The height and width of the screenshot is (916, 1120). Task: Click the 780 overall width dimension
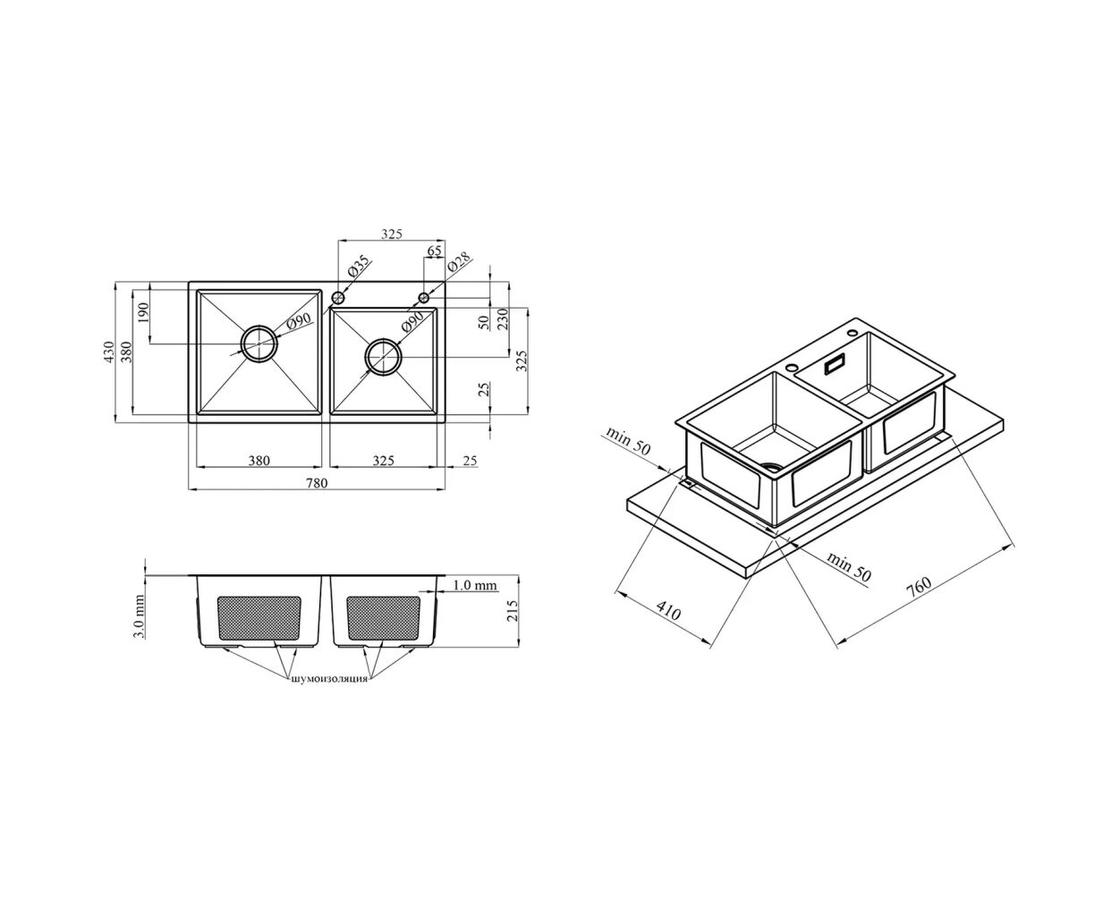[316, 483]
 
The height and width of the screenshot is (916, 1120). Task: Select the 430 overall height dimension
[109, 352]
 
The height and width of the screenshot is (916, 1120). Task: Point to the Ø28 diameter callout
[460, 262]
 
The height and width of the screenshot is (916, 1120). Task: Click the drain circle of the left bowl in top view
[259, 344]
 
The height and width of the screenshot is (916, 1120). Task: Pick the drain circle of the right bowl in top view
[383, 357]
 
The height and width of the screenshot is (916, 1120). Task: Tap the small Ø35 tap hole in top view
[338, 297]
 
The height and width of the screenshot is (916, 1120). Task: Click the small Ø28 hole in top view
[423, 297]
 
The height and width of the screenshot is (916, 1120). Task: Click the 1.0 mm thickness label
[475, 585]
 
